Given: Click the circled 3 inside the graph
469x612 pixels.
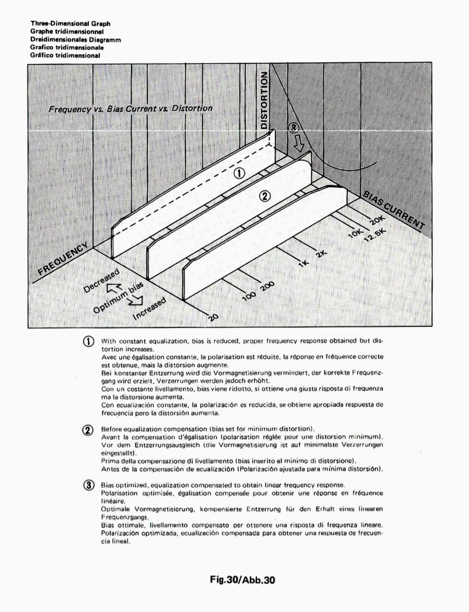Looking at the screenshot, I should [x=294, y=128].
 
